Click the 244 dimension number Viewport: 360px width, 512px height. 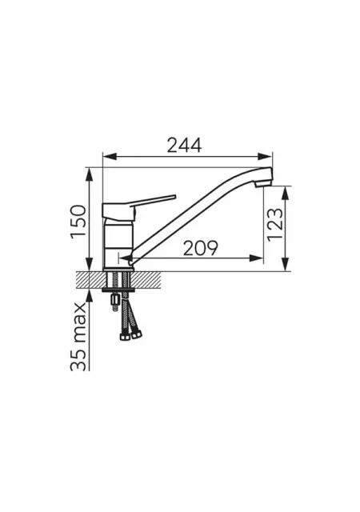(x=184, y=146)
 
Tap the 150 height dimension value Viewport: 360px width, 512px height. (x=78, y=222)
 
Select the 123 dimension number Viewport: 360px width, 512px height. (x=274, y=224)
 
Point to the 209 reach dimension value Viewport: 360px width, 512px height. (x=200, y=249)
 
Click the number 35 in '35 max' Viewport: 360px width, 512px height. (x=78, y=360)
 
